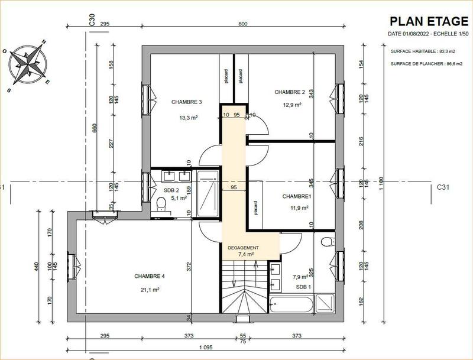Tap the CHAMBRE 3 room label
point(187,102)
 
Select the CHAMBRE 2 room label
point(289,92)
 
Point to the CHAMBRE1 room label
point(296,196)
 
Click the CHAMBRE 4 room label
point(150,276)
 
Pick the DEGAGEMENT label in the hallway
point(244,248)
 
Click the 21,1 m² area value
point(150,290)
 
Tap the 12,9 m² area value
point(292,105)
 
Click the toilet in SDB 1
point(329,241)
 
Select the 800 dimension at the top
point(243,24)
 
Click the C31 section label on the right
point(443,187)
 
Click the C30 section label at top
point(92,21)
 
